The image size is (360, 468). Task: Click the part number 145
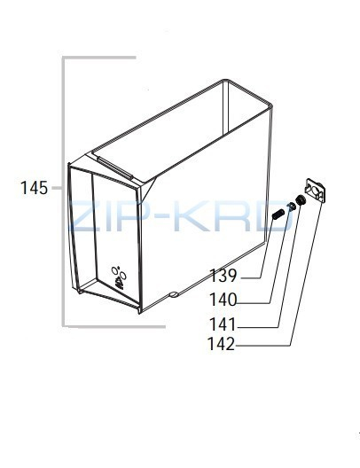click(34, 188)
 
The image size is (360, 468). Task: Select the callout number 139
click(223, 275)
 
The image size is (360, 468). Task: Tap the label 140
click(223, 300)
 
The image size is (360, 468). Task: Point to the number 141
click(223, 324)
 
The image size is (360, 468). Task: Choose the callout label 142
click(222, 344)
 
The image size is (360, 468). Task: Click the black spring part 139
click(278, 214)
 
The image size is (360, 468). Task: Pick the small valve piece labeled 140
click(291, 207)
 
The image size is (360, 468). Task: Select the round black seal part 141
click(300, 199)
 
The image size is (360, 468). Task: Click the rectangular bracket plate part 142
click(315, 191)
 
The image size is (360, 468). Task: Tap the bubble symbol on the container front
click(119, 277)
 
